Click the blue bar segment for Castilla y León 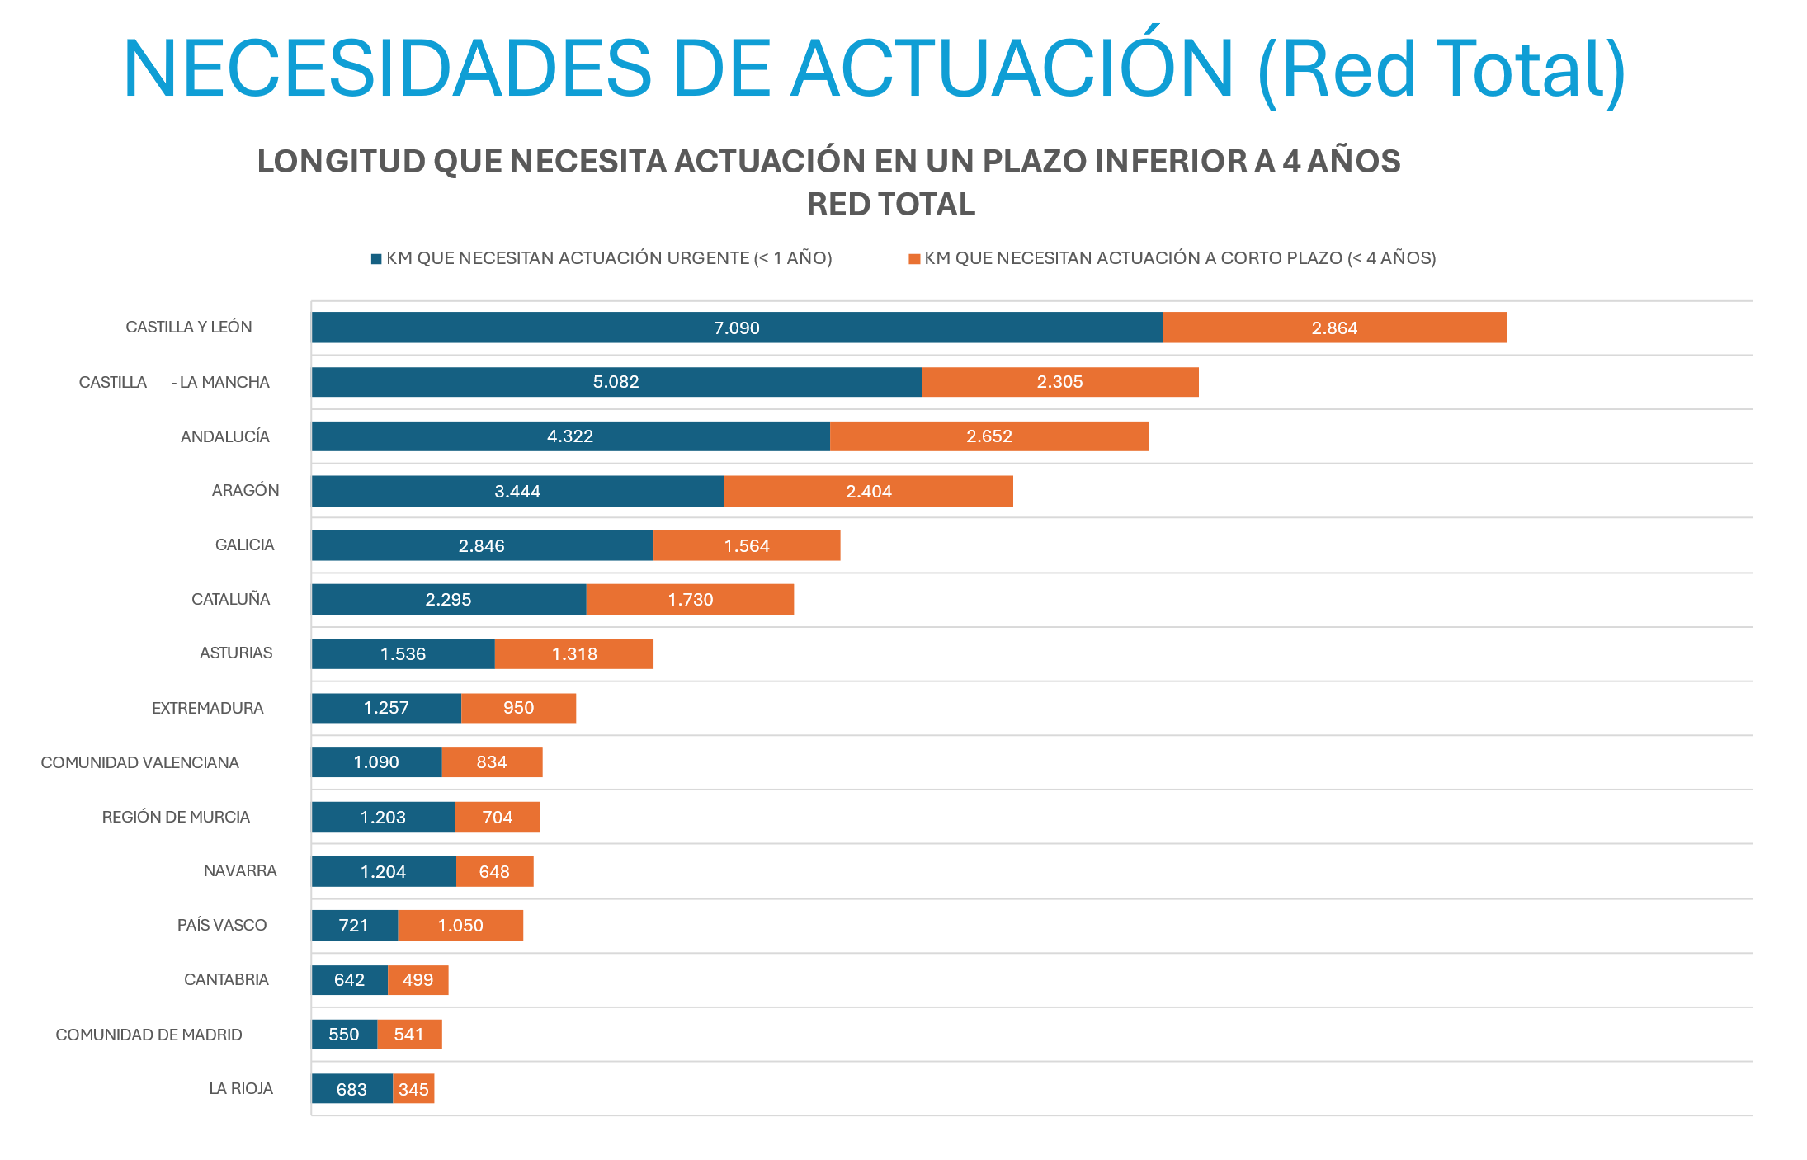tap(736, 328)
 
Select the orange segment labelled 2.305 tap(1059, 382)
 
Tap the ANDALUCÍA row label tap(224, 436)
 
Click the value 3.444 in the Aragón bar tap(517, 492)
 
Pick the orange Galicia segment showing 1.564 tap(746, 545)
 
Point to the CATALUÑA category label tap(230, 599)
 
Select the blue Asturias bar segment tap(403, 654)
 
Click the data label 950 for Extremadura tap(518, 708)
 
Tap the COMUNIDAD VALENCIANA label tap(139, 762)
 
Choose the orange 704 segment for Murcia tap(497, 817)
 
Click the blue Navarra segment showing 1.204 tap(383, 871)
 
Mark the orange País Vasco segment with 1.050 tap(460, 926)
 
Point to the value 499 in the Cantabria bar tap(418, 980)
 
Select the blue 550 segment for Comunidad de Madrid tap(343, 1035)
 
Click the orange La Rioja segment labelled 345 tap(413, 1089)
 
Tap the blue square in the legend tap(376, 259)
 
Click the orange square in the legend tap(914, 259)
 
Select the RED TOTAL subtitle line tap(890, 205)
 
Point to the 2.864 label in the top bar tap(1334, 328)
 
